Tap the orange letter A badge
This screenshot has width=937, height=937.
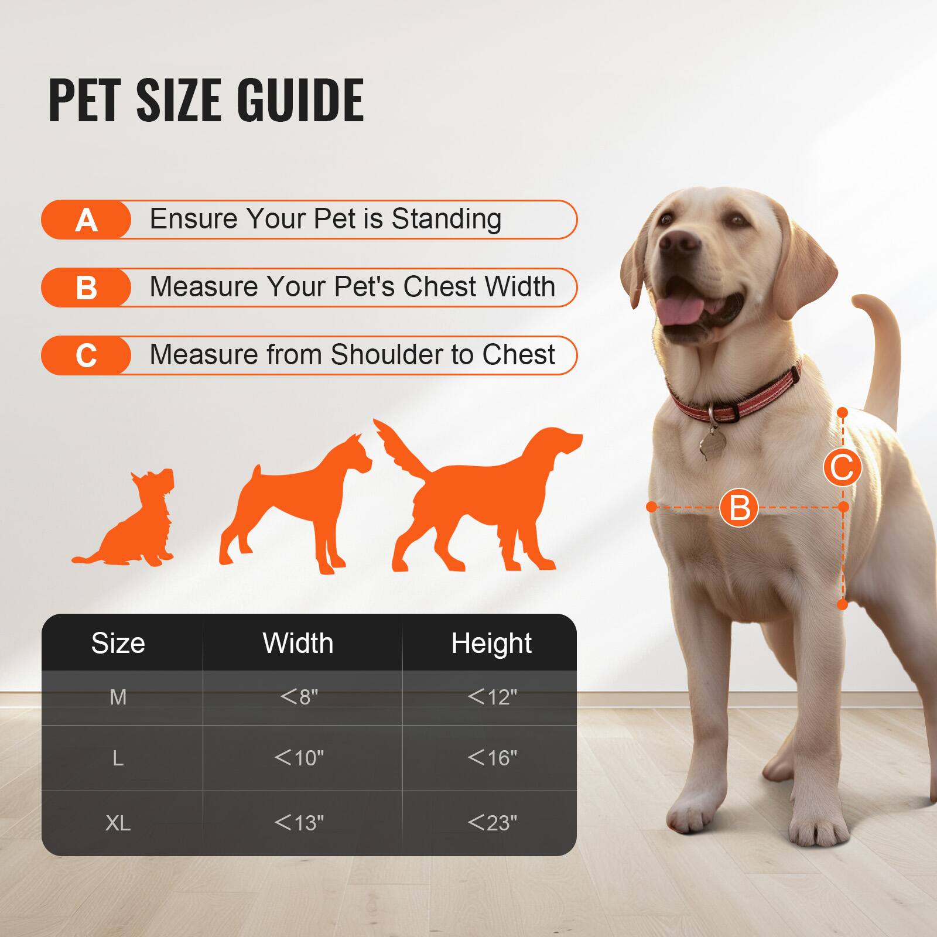click(x=86, y=220)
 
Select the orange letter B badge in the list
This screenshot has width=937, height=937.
click(x=86, y=288)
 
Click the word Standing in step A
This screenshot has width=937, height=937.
click(x=446, y=219)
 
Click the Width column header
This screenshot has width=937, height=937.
click(x=298, y=643)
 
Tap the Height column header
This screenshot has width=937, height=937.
click(x=491, y=643)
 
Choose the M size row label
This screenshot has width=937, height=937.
click(x=118, y=697)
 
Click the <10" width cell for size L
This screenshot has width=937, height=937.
click(x=299, y=758)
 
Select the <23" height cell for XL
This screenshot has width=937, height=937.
click(x=492, y=823)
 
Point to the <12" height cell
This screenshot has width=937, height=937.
click(x=492, y=697)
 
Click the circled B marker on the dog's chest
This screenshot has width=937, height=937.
click(x=739, y=507)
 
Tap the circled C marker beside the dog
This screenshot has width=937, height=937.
click(x=842, y=467)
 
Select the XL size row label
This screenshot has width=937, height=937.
click(x=118, y=823)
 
